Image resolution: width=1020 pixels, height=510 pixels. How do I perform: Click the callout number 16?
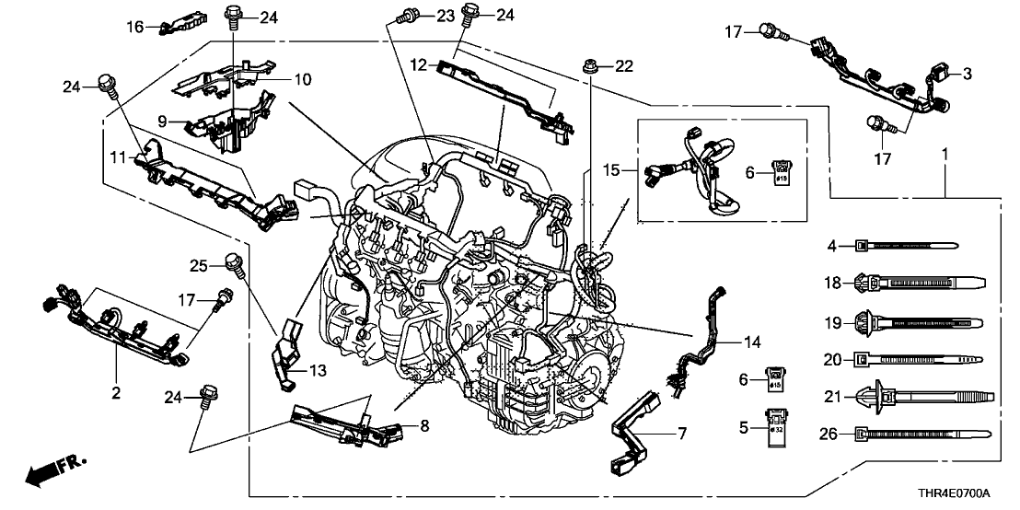tap(134, 28)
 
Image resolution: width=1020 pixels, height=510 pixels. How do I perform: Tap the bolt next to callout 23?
tap(406, 15)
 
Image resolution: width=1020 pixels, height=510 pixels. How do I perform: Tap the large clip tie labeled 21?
tap(921, 396)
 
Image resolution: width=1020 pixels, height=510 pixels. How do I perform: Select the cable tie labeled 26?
tap(921, 432)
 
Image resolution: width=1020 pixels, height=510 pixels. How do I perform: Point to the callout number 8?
tap(423, 425)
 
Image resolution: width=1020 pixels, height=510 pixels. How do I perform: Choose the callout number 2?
tap(117, 393)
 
